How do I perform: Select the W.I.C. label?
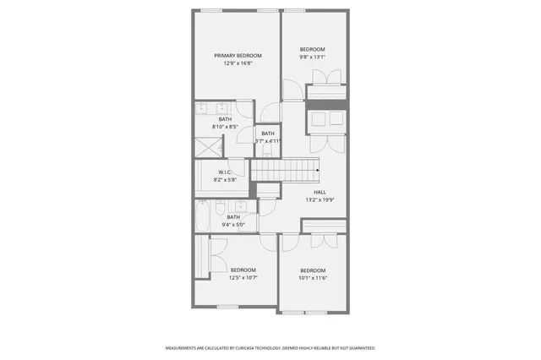[x=224, y=172]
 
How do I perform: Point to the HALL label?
[x=320, y=192]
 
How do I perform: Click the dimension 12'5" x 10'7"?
[x=243, y=277]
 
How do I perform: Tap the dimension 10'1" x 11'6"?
[x=313, y=277]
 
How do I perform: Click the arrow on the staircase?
[x=316, y=171]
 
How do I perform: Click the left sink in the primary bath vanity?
[x=204, y=110]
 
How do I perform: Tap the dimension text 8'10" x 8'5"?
[x=225, y=128]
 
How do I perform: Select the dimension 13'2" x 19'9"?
[x=320, y=200]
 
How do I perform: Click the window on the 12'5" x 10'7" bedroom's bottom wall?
[x=227, y=305]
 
